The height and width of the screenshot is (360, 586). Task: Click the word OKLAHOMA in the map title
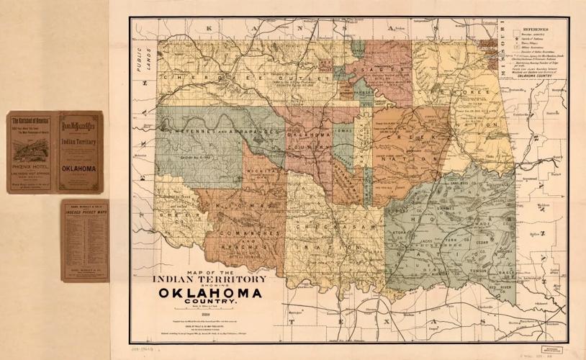(x=210, y=293)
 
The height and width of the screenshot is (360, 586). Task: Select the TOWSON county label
(x=477, y=264)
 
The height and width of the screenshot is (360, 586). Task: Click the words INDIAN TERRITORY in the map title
(x=210, y=278)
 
